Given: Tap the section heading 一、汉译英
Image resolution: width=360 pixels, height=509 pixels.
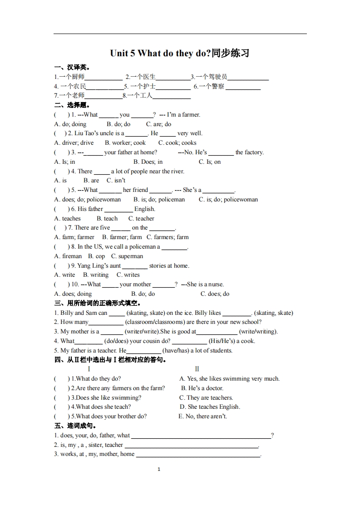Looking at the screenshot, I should [69, 68].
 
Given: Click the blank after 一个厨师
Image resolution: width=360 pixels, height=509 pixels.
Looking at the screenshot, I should [104, 77].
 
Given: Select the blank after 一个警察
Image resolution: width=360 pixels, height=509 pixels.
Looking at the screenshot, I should [243, 87].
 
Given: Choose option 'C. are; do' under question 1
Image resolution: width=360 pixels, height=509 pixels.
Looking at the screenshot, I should [158, 124].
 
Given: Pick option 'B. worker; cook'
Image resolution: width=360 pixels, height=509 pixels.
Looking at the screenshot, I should [126, 143].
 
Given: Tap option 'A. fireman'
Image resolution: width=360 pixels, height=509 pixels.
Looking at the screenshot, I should [68, 256].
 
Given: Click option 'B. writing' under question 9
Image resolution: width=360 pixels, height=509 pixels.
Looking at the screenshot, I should [96, 275].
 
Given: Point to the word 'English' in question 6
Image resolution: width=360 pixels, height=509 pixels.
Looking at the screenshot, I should [145, 209].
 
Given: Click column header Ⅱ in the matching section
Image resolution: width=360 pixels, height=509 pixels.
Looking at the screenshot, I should [197, 369].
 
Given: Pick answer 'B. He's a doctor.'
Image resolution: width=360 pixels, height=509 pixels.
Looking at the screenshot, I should [202, 388].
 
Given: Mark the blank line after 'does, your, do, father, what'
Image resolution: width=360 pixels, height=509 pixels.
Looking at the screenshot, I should [200, 436].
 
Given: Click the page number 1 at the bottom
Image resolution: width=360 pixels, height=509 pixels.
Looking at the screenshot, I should [158, 470].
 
